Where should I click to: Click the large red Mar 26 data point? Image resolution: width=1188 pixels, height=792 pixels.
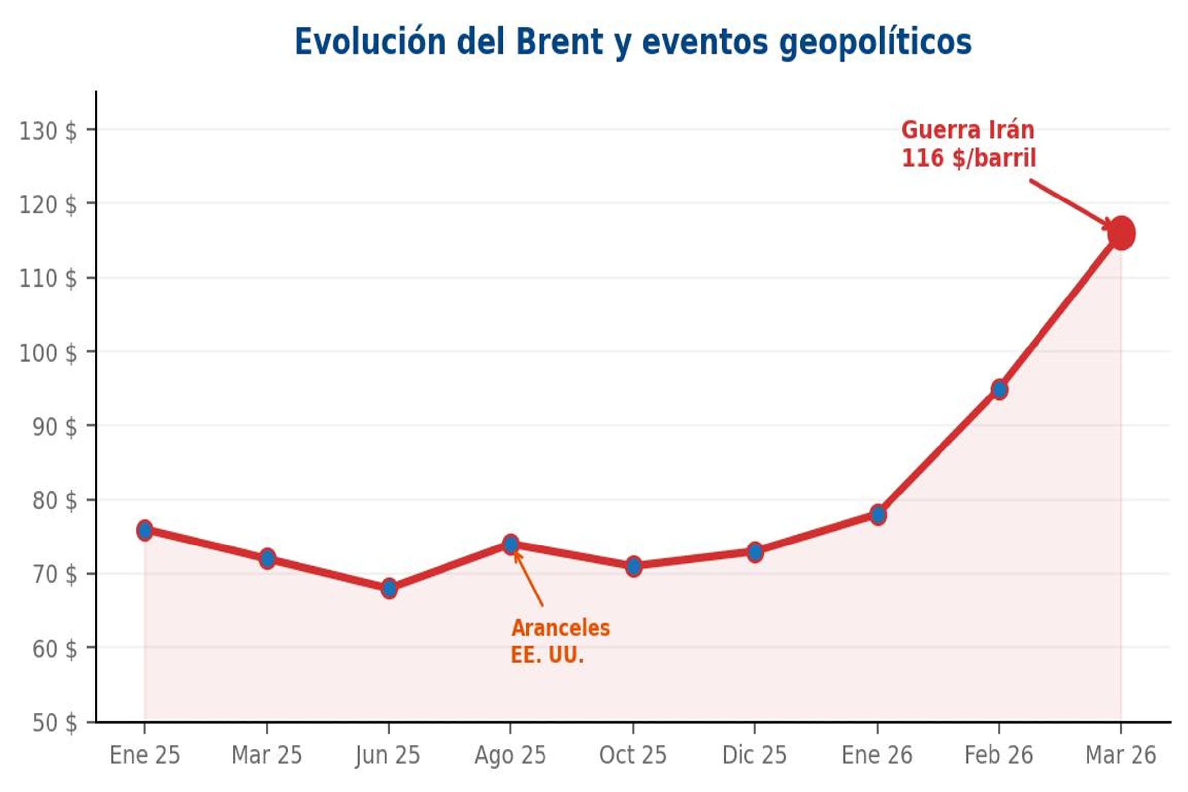pyautogui.click(x=1121, y=233)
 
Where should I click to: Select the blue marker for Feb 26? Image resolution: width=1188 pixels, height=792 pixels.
pyautogui.click(x=999, y=390)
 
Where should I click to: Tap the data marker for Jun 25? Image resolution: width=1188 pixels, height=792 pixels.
pyautogui.click(x=389, y=589)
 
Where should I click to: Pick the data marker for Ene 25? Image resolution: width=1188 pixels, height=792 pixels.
pyautogui.click(x=145, y=530)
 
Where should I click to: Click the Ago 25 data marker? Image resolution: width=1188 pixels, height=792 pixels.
pyautogui.click(x=511, y=544)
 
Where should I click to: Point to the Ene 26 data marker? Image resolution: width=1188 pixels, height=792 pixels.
pyautogui.click(x=878, y=515)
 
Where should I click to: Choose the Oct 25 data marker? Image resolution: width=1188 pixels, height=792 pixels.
pyautogui.click(x=633, y=566)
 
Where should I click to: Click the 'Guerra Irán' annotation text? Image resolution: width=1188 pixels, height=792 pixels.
pyautogui.click(x=967, y=130)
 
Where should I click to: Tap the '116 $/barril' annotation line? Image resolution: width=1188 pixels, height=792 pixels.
pyautogui.click(x=968, y=158)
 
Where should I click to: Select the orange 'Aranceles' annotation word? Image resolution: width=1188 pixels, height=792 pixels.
pyautogui.click(x=561, y=628)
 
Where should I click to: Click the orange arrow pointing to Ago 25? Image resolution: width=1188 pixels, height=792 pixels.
pyautogui.click(x=528, y=579)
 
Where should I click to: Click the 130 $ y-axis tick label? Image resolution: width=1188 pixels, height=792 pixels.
pyautogui.click(x=48, y=131)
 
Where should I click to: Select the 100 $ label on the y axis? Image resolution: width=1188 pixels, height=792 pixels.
pyautogui.click(x=48, y=353)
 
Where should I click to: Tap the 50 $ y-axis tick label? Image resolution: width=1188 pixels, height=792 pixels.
pyautogui.click(x=54, y=723)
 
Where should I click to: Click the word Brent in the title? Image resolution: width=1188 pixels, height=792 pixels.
pyautogui.click(x=559, y=42)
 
